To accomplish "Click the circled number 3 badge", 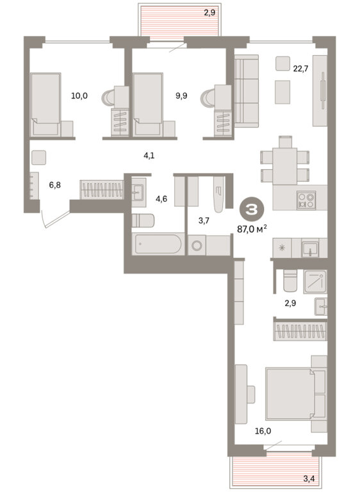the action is point(252,210).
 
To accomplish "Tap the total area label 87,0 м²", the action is point(252,229).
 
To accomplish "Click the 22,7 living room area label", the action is point(300,69).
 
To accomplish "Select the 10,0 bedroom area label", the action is point(79,96).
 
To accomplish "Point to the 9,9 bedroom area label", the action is point(181,96).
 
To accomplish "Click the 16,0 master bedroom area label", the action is point(263,431).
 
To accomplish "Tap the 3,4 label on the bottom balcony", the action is point(309,479).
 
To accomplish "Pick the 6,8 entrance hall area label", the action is point(55,185).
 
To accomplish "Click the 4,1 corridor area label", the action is point(149,156).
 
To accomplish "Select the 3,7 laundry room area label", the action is point(204,221).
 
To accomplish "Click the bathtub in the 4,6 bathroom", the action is point(158,244).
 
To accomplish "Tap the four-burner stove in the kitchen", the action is point(306,201).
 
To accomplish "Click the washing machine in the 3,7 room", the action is point(197,245).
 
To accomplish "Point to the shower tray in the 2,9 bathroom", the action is point(315,282).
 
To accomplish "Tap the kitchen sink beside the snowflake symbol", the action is point(310,248).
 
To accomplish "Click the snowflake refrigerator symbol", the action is point(282,248).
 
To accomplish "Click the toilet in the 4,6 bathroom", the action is point(143,220).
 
